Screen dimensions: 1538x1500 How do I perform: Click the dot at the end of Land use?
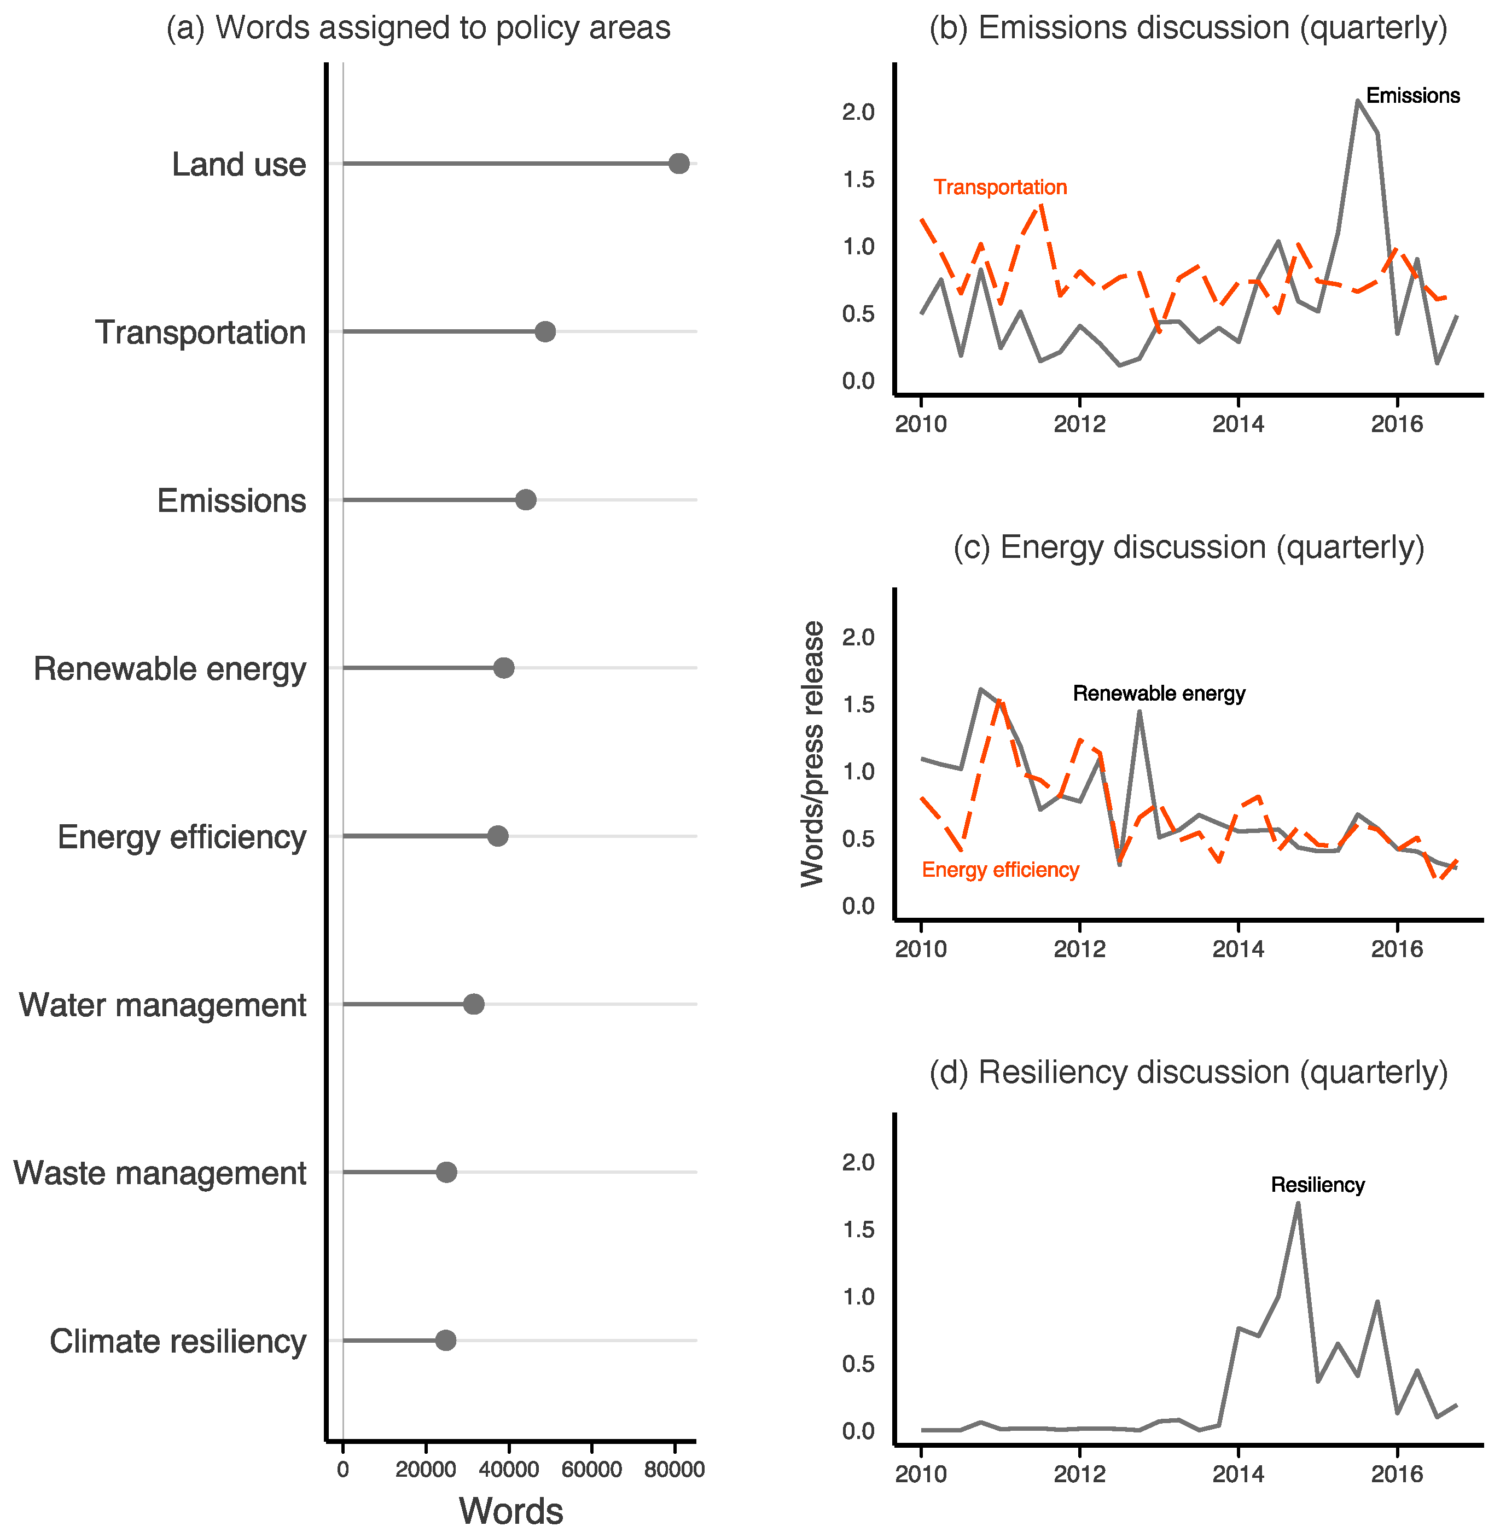tap(678, 164)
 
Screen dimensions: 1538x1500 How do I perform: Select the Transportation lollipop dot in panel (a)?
tap(544, 331)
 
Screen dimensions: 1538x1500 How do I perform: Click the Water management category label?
tap(162, 1005)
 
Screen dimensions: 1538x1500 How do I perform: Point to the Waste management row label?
tap(159, 1173)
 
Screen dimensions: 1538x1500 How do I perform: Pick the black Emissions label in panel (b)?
tap(1412, 96)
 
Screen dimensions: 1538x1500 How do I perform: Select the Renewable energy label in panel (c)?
tap(1158, 693)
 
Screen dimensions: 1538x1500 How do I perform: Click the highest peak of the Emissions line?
tap(1357, 101)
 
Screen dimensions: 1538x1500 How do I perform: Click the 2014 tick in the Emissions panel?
tap(1237, 424)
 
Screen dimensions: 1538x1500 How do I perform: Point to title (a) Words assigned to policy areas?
tap(418, 27)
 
